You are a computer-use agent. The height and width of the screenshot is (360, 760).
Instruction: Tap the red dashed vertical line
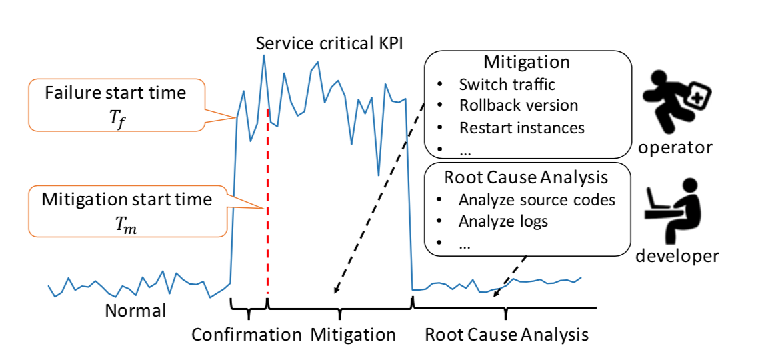pos(267,200)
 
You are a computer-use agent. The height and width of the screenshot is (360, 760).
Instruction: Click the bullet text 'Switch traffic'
pos(507,85)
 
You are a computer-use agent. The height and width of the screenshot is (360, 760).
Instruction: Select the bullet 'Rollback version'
pos(519,105)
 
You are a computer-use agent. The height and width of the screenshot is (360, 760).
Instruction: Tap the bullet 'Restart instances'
pos(521,127)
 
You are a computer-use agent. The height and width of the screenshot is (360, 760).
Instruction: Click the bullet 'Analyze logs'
pos(503,221)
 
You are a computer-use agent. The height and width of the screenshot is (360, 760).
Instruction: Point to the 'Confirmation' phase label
pos(247,334)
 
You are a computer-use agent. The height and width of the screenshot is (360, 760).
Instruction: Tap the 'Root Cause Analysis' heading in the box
pos(526,177)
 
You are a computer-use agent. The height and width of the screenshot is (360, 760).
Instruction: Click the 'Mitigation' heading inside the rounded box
pos(526,63)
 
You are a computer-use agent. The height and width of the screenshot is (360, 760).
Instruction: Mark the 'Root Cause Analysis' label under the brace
pos(507,334)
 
